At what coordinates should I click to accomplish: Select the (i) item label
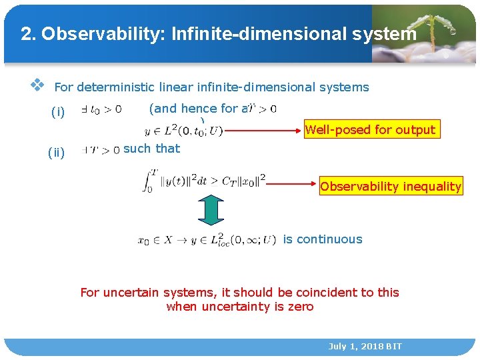tap(58, 113)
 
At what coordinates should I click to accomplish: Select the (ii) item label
tap(57, 153)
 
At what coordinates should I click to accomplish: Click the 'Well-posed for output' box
tap(370, 130)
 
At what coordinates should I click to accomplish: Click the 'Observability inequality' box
tap(391, 187)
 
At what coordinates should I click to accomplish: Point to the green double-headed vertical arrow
tap(211, 212)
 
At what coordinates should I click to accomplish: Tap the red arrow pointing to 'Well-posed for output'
tap(263, 131)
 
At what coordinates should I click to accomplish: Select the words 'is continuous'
tap(323, 239)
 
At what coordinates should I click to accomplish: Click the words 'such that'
tap(151, 149)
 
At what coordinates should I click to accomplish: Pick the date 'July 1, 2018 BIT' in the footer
tap(365, 347)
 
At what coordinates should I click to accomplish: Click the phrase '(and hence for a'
tap(197, 108)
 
